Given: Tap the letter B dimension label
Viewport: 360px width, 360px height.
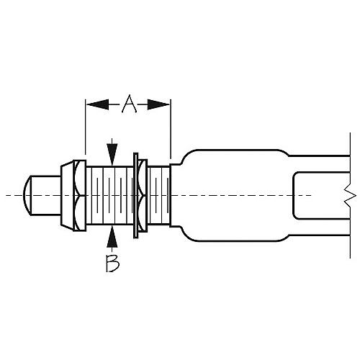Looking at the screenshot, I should (x=112, y=264).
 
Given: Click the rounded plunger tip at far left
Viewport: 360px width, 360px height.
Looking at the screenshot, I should (x=32, y=194).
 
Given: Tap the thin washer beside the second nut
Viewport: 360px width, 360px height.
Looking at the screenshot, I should (x=136, y=194).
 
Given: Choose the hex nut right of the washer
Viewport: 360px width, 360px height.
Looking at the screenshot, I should (x=143, y=194).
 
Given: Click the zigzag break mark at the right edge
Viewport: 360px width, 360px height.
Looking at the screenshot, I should (x=348, y=194).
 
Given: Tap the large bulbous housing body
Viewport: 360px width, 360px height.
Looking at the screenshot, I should (x=230, y=194).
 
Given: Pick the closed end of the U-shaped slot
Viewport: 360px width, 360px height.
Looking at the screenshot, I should (x=294, y=194).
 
